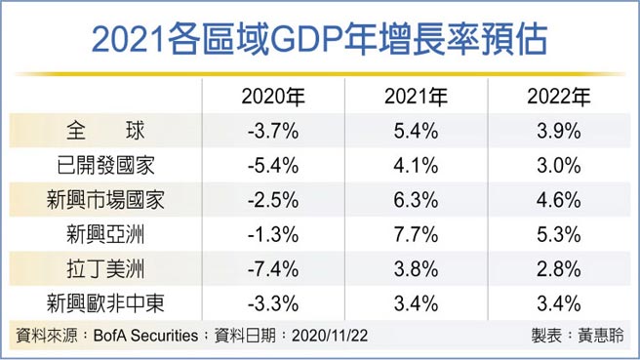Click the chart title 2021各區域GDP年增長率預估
319,40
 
